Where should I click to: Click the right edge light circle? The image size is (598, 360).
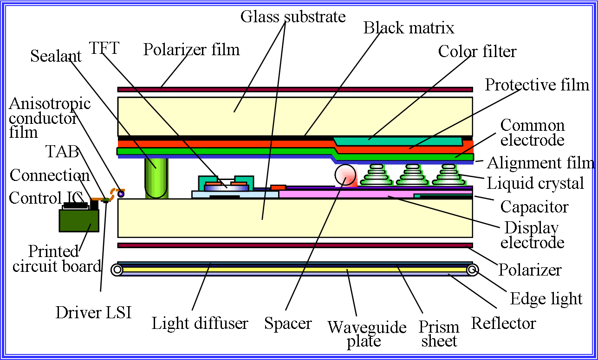473,270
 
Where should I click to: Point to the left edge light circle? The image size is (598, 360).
117,270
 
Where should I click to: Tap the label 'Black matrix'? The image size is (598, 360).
409,28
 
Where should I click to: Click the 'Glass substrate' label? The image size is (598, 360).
293,17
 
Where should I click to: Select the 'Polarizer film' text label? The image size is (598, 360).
191,49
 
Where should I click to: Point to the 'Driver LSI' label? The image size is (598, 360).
94,312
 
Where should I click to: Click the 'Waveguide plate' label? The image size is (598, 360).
367,334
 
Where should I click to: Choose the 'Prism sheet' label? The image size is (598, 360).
439,334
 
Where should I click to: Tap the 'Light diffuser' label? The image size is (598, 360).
200,323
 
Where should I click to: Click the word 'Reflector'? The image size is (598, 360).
503,323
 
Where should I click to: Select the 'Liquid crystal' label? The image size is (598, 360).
535,183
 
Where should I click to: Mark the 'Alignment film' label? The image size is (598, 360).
540,163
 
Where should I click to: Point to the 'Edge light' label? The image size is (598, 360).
546,299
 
